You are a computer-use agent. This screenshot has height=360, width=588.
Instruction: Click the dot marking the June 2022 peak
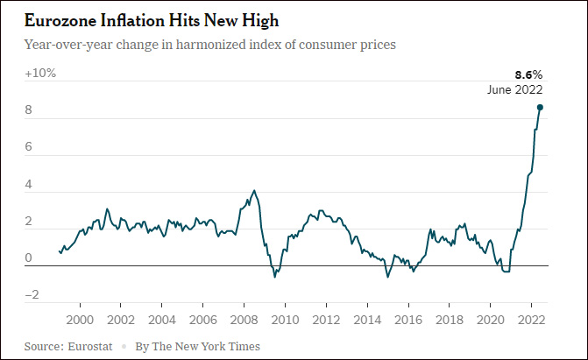click(x=540, y=107)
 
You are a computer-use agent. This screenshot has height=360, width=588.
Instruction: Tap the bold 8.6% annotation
click(x=527, y=75)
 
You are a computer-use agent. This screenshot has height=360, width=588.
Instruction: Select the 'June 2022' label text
click(x=515, y=89)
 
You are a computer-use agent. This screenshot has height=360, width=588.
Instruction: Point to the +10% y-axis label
click(x=40, y=74)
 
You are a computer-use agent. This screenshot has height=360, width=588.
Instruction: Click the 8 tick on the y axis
click(x=29, y=111)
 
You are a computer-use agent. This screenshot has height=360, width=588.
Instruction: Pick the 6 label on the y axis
click(x=29, y=148)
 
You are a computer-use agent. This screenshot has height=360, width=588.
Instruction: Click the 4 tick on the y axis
click(x=29, y=185)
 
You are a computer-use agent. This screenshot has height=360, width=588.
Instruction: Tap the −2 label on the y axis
click(x=32, y=295)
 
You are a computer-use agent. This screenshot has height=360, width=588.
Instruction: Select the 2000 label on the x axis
click(x=80, y=319)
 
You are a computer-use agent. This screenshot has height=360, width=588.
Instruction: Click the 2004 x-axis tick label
click(x=161, y=319)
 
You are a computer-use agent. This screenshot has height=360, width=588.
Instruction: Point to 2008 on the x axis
click(x=244, y=319)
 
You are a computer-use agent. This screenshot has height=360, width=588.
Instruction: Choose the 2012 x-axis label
click(x=326, y=319)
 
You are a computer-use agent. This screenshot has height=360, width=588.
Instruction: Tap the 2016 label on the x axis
click(x=407, y=319)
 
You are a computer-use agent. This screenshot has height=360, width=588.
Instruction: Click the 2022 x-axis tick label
click(x=531, y=319)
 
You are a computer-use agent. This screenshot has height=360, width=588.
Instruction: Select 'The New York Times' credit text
click(x=207, y=347)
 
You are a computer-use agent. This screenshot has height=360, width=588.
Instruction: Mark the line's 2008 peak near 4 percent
click(x=254, y=190)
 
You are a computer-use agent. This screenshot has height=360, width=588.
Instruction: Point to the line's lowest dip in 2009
click(x=274, y=277)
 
